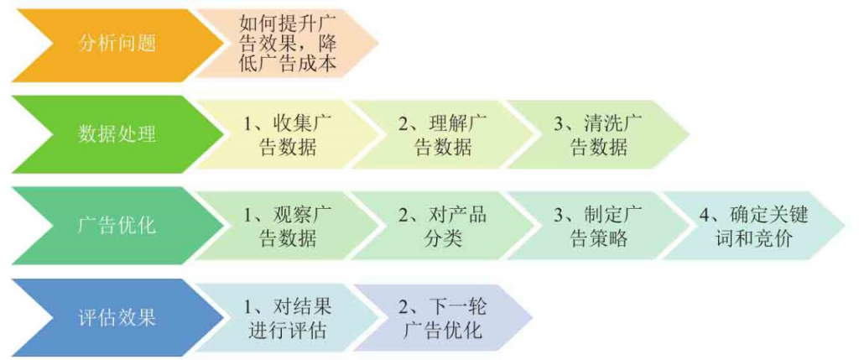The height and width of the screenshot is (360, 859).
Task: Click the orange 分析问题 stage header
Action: (x=117, y=44)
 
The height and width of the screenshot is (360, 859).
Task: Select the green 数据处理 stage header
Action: (x=117, y=134)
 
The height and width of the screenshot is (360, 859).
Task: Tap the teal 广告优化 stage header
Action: (x=117, y=225)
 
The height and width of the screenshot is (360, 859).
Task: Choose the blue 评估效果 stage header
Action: (x=117, y=316)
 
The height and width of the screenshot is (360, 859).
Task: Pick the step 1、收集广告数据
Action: (x=281, y=134)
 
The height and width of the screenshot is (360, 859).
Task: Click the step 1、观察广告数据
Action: (x=281, y=225)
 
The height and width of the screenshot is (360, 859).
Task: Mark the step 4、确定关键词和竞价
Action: (x=751, y=225)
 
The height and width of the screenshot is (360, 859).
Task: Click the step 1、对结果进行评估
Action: (x=281, y=316)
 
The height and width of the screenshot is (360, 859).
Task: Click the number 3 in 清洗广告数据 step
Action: (x=558, y=123)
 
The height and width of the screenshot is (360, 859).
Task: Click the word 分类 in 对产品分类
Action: (x=443, y=237)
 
